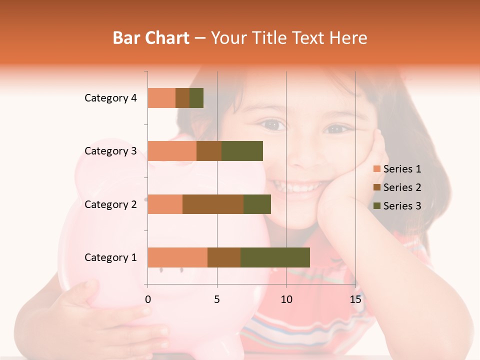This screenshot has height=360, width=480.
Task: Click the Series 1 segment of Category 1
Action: tap(177, 257)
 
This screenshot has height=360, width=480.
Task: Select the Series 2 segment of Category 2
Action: tap(213, 204)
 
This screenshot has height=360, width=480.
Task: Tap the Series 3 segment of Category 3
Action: tap(242, 151)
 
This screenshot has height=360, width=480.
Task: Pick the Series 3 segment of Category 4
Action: tap(196, 98)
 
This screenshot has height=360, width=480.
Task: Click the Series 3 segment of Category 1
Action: tap(275, 257)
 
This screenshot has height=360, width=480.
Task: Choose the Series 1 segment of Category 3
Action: tap(172, 151)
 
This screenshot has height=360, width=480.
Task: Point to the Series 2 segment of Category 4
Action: tap(182, 98)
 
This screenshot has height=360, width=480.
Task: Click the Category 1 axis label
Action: tap(110, 257)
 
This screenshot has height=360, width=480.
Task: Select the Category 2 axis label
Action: tap(110, 204)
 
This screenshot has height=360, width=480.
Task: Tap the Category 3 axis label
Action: tap(110, 151)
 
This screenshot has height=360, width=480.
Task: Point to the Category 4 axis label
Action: tap(110, 98)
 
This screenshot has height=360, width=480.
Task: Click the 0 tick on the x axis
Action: tap(148, 299)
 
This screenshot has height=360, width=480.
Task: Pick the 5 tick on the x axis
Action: tap(217, 299)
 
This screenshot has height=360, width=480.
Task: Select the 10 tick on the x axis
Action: tap(286, 299)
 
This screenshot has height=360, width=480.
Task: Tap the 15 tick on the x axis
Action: tap(355, 299)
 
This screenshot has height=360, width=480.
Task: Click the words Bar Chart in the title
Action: tap(151, 38)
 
